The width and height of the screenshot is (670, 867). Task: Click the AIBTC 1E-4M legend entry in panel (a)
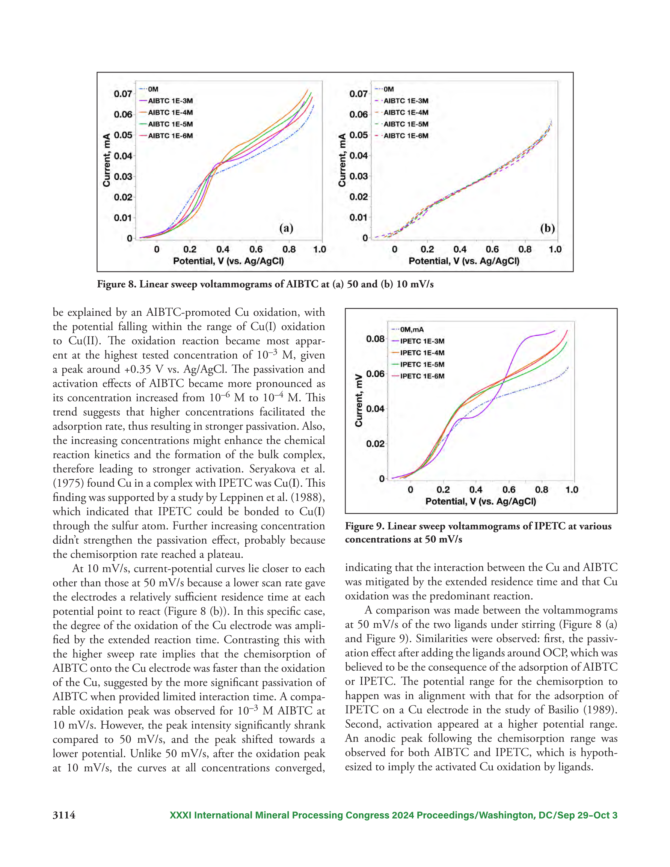tap(166, 112)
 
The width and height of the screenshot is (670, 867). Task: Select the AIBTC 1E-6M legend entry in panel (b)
tap(401, 136)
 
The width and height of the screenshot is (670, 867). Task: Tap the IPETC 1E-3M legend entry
tap(418, 341)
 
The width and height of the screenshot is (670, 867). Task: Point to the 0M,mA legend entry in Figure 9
tap(407, 330)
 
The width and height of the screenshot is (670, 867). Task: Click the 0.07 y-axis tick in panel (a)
tap(123, 94)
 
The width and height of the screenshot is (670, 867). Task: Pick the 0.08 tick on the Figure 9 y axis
tap(375, 339)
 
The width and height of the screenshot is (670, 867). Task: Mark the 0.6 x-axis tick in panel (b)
tap(492, 249)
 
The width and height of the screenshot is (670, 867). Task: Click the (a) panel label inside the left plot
tap(286, 228)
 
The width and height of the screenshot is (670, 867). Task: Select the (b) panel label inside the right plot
tap(547, 228)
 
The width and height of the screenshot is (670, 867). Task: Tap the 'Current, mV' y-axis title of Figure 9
tap(359, 401)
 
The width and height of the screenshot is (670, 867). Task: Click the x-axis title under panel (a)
tap(228, 261)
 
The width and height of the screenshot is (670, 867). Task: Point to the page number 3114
tap(64, 815)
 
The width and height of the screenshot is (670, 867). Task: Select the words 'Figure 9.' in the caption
tap(365, 526)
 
